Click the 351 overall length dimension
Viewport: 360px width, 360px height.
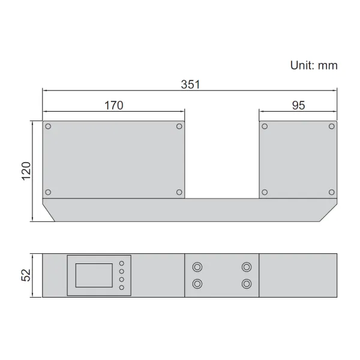pos(190,85)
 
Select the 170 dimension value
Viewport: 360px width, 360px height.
pos(113,106)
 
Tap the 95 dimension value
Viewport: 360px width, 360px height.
pos(298,106)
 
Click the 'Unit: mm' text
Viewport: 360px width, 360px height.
pos(313,65)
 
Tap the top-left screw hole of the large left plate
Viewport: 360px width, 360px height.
pos(48,127)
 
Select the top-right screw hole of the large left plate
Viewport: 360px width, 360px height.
pos(179,127)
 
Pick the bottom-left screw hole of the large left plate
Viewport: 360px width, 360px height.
pos(48,192)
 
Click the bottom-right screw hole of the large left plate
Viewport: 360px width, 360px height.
pos(179,192)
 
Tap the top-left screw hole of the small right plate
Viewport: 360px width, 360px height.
pos(265,127)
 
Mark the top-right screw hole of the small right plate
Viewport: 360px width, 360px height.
pos(331,127)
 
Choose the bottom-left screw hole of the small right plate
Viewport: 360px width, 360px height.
pos(265,192)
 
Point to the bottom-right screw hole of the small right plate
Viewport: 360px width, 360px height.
pos(331,192)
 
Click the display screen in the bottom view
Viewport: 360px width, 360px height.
pos(94,275)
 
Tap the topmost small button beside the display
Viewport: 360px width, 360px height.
pos(122,263)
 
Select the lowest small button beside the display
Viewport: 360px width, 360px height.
pos(122,288)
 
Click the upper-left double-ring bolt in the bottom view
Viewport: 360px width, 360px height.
pos(197,267)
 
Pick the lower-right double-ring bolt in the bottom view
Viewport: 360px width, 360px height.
pos(246,284)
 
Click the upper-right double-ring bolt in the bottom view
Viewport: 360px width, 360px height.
pos(246,267)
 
